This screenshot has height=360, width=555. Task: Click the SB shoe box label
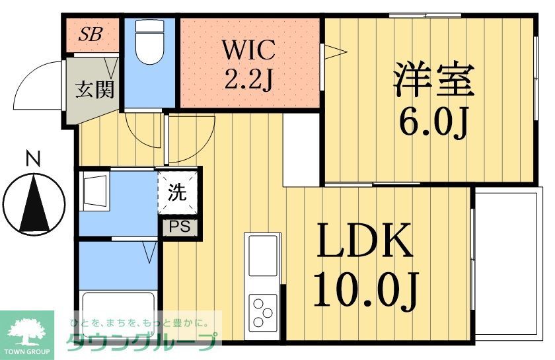(91, 35)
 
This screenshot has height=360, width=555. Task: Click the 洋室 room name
(433, 79)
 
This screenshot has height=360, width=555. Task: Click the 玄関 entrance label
(94, 89)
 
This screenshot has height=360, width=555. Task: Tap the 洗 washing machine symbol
(177, 194)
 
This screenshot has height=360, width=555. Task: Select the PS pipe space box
(177, 227)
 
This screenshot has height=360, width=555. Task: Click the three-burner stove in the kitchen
(263, 310)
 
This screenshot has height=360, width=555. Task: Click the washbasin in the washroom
(95, 189)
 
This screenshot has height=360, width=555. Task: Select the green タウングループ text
(141, 342)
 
